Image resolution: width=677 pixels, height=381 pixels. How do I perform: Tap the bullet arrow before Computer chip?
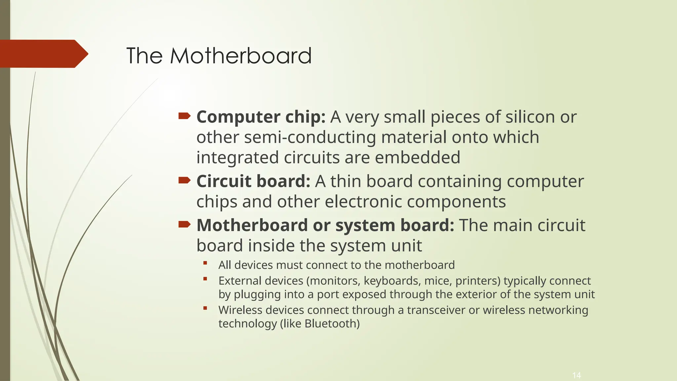coord(184,116)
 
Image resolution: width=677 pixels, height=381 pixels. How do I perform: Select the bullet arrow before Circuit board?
coord(184,180)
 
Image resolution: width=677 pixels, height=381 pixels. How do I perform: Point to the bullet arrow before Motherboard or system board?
coord(184,225)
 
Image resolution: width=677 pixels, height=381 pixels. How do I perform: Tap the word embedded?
coord(418,157)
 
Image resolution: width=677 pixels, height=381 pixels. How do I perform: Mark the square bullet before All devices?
coord(205,263)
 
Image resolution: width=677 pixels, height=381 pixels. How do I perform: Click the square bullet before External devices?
coord(205,279)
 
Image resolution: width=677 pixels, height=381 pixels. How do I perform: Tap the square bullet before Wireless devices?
coord(205,308)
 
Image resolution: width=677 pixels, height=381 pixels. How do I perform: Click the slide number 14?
coord(577,375)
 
